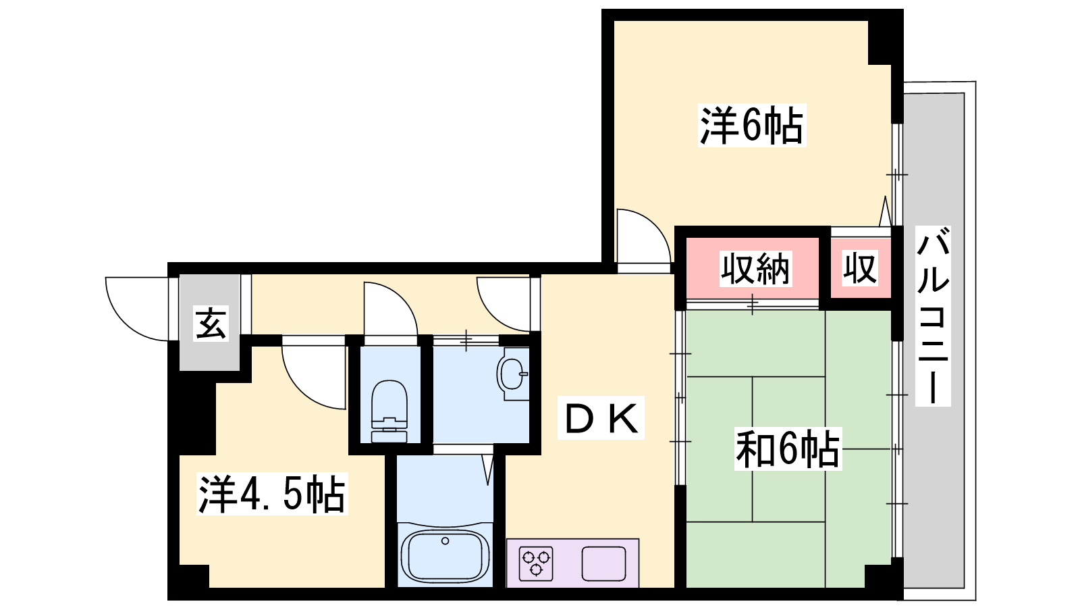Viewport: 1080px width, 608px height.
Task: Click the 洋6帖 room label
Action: tap(752, 125)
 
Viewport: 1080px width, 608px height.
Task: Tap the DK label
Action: tap(601, 418)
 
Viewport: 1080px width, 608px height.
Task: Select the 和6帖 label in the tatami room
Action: tap(788, 449)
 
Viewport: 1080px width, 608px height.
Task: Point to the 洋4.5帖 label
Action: tap(272, 494)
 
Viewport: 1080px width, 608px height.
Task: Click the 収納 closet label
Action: tap(755, 268)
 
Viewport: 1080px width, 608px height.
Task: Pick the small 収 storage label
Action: tap(860, 268)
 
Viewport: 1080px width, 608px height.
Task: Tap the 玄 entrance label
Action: tap(211, 323)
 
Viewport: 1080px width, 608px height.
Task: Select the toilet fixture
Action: tap(389, 411)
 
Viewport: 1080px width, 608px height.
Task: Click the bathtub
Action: tap(445, 556)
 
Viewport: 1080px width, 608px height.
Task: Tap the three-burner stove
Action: tap(536, 563)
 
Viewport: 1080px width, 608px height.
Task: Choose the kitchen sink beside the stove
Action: tap(603, 563)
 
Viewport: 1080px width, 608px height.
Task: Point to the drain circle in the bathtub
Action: tap(445, 541)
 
